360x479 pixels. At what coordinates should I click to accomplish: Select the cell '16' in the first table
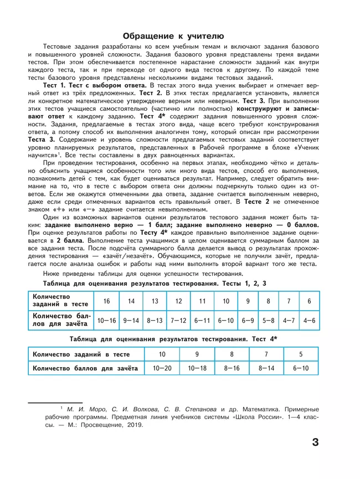(106, 301)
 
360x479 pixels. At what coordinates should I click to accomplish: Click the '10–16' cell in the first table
(106, 321)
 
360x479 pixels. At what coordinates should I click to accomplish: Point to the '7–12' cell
(179, 321)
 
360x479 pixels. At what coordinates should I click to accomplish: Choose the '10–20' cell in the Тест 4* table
(162, 368)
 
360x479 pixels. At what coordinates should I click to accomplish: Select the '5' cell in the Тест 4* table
(301, 354)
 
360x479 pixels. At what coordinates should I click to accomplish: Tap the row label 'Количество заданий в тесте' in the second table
(81, 354)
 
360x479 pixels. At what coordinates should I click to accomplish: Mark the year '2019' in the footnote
(133, 425)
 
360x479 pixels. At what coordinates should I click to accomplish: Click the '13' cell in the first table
(155, 301)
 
